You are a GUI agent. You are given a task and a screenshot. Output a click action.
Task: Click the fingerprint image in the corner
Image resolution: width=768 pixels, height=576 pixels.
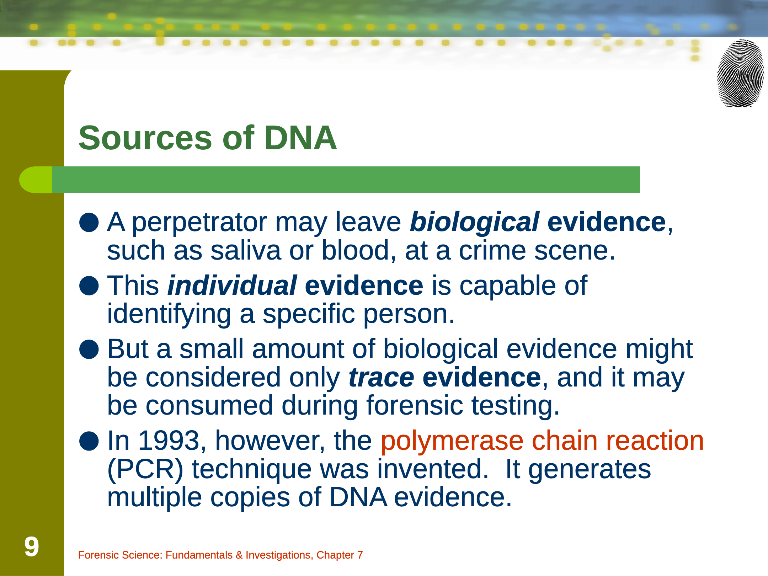click(740, 73)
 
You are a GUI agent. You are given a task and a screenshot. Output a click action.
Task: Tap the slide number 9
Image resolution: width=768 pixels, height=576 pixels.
click(32, 546)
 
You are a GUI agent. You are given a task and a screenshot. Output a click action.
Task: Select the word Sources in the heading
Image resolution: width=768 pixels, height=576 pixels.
click(145, 138)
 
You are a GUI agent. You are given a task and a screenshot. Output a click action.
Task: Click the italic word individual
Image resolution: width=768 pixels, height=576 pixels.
click(232, 286)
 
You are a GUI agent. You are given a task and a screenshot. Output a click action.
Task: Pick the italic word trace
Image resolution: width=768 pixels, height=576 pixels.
click(382, 378)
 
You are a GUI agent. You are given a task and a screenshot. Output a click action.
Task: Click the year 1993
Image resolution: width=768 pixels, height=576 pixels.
click(168, 441)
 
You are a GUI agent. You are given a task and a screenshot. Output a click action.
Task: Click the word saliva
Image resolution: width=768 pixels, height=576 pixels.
click(246, 251)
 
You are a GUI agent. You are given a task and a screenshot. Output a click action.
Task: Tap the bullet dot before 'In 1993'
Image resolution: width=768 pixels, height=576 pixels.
click(89, 441)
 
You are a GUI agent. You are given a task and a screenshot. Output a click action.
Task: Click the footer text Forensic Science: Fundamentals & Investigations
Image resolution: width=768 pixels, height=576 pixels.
click(196, 555)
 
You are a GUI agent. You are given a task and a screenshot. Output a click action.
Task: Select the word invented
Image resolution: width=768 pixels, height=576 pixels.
click(433, 469)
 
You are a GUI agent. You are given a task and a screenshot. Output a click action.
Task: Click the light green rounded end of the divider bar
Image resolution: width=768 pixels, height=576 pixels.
click(36, 180)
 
